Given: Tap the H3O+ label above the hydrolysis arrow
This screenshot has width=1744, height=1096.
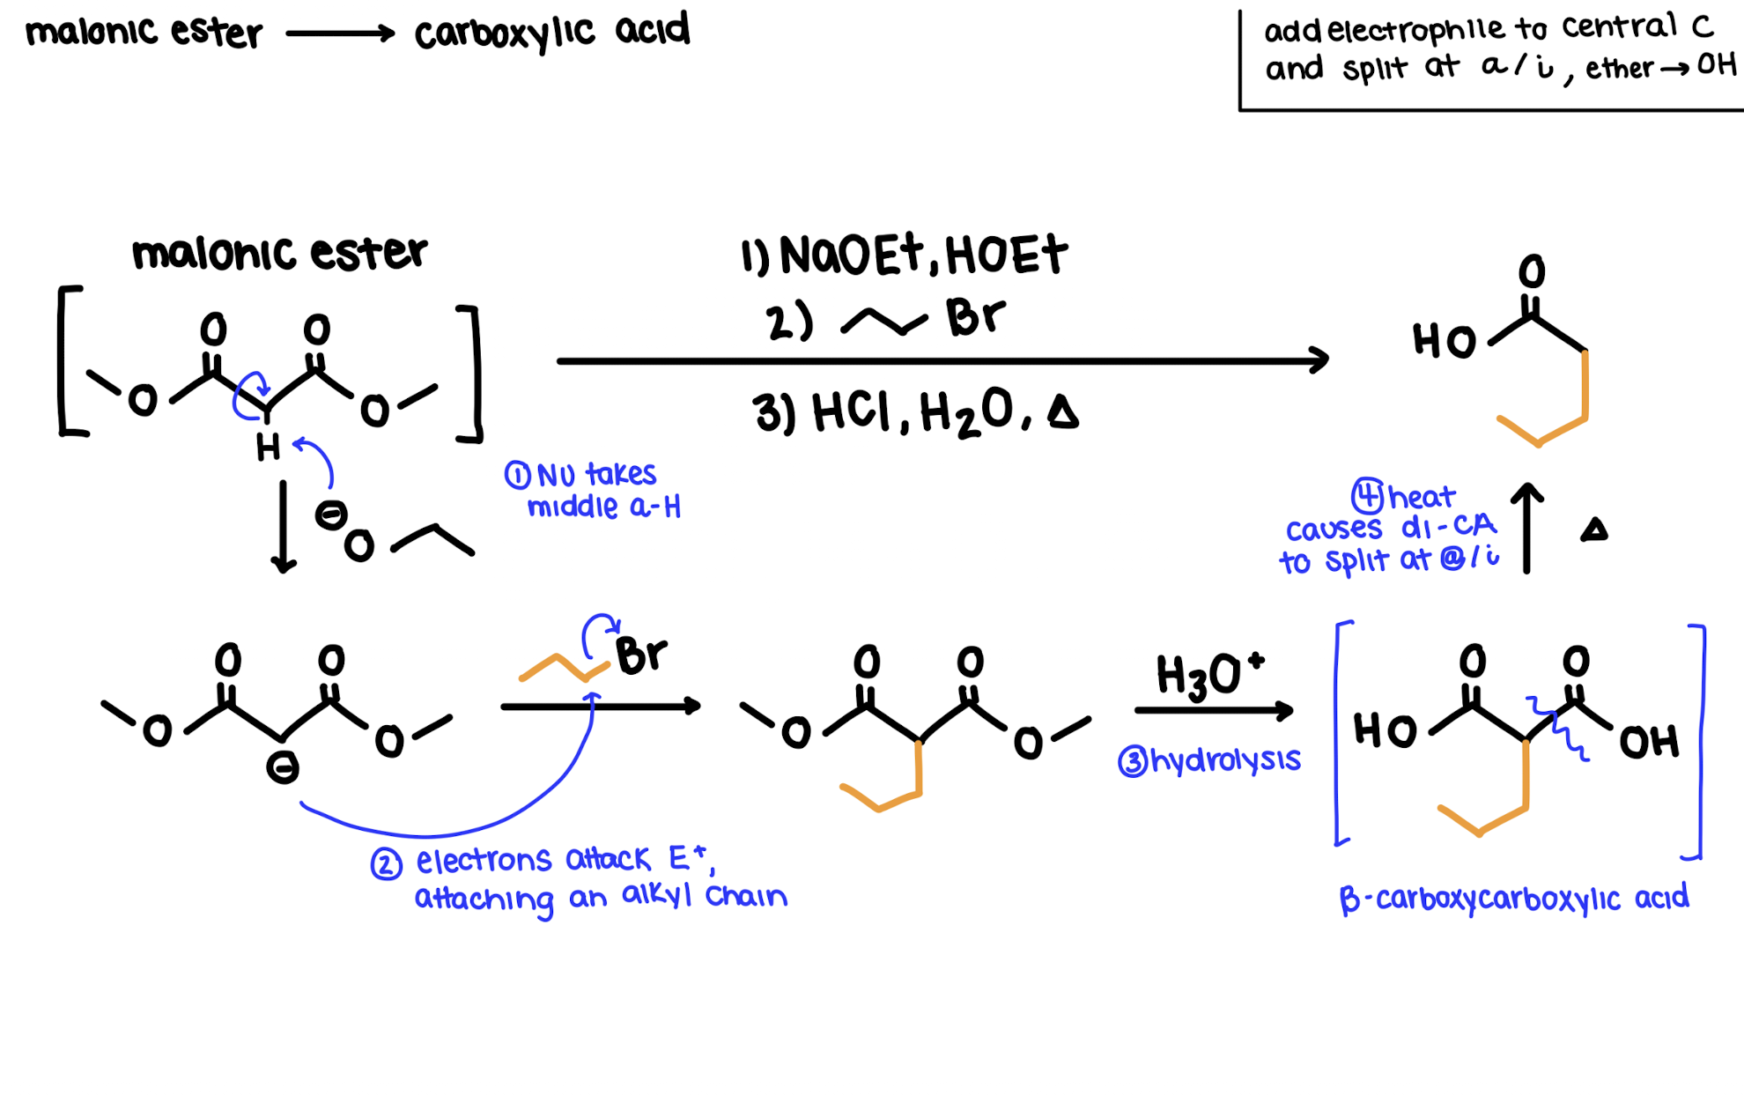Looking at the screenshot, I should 1209,677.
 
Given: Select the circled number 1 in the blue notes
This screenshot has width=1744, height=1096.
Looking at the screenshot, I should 517,476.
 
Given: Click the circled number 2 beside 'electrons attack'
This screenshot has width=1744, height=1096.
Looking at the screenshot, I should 386,864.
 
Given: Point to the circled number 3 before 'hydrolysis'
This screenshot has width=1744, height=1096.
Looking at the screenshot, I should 1132,761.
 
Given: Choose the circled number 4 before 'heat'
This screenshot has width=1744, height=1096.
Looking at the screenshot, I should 1367,496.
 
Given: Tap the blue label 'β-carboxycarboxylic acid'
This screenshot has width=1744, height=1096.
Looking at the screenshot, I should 1513,899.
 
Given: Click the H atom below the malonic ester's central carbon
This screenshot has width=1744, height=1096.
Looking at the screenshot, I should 268,448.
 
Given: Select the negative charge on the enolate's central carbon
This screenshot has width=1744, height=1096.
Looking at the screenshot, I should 283,768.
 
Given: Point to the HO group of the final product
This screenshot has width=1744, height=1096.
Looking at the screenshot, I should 1444,341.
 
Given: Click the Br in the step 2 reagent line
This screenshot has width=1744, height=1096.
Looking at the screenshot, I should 975,317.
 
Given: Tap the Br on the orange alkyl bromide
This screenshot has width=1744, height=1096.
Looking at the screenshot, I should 641,655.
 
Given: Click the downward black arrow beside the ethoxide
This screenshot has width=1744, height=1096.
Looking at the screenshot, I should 283,526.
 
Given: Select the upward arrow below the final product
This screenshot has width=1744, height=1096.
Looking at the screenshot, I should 1526,528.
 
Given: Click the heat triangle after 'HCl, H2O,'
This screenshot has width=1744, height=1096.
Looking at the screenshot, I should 1063,412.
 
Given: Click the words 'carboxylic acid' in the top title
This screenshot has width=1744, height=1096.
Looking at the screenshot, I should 552,33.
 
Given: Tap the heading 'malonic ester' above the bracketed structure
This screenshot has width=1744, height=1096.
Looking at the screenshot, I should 279,254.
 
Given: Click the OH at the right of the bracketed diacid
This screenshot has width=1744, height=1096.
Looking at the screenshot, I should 1649,742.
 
